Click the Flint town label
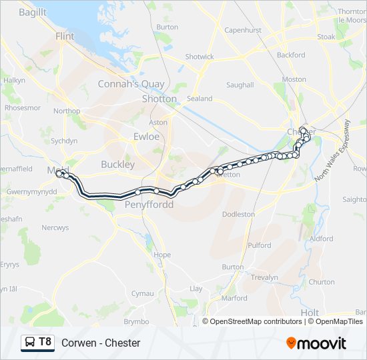point(65,37)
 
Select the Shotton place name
point(159,99)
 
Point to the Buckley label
point(117,164)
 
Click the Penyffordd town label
point(149,205)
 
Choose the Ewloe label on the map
point(146,137)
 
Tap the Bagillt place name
point(32,13)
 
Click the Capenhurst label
point(242,31)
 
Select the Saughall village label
point(240,85)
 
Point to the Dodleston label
point(238,215)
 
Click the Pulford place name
point(259,245)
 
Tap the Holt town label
point(310,312)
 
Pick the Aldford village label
point(321,239)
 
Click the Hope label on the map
point(162,255)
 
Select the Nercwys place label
point(55,228)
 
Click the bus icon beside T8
point(30,343)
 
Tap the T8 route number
point(45,343)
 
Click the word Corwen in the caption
point(77,343)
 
